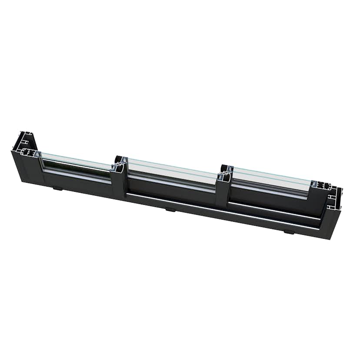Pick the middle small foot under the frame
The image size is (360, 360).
pos(170,209)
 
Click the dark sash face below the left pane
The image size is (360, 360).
pos(78,178)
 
